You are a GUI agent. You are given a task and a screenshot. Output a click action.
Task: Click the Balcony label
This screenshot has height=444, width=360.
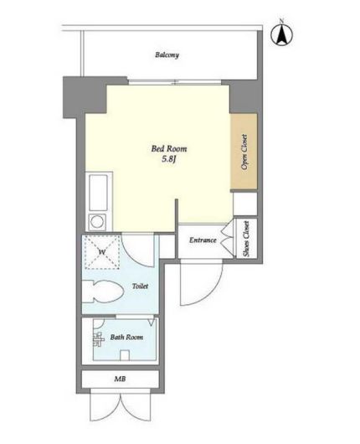coord(167,54)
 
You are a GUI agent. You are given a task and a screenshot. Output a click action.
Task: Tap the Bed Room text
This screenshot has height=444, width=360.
coord(169,148)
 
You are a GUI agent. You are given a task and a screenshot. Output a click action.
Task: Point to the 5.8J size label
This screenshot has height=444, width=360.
coord(169,159)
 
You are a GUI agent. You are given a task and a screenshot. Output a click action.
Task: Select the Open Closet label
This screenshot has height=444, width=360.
coord(244,152)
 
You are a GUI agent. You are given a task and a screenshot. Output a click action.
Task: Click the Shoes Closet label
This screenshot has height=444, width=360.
coord(246,239)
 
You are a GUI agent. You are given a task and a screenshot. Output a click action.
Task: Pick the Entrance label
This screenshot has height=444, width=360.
coord(203,240)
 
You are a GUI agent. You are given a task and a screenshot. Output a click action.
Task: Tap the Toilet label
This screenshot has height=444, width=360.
coord(140,286)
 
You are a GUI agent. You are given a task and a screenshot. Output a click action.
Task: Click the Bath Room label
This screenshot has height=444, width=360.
coord(126,338)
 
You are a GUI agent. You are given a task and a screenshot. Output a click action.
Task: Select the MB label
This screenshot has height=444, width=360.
coord(120,379)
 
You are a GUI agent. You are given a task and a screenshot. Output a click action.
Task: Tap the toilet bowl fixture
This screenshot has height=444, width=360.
coord(103,292)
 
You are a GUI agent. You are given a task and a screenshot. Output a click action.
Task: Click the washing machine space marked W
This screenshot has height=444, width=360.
coord(102,251)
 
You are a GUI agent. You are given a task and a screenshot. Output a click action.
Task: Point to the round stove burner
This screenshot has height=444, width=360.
coord(97,221)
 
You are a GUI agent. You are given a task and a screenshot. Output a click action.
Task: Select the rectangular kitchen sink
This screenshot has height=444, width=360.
coord(98,193)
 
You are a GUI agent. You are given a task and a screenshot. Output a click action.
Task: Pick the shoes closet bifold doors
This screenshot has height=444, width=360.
coord(229,239)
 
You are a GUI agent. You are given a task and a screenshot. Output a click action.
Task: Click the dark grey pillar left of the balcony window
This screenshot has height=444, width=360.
coord(85,96)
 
